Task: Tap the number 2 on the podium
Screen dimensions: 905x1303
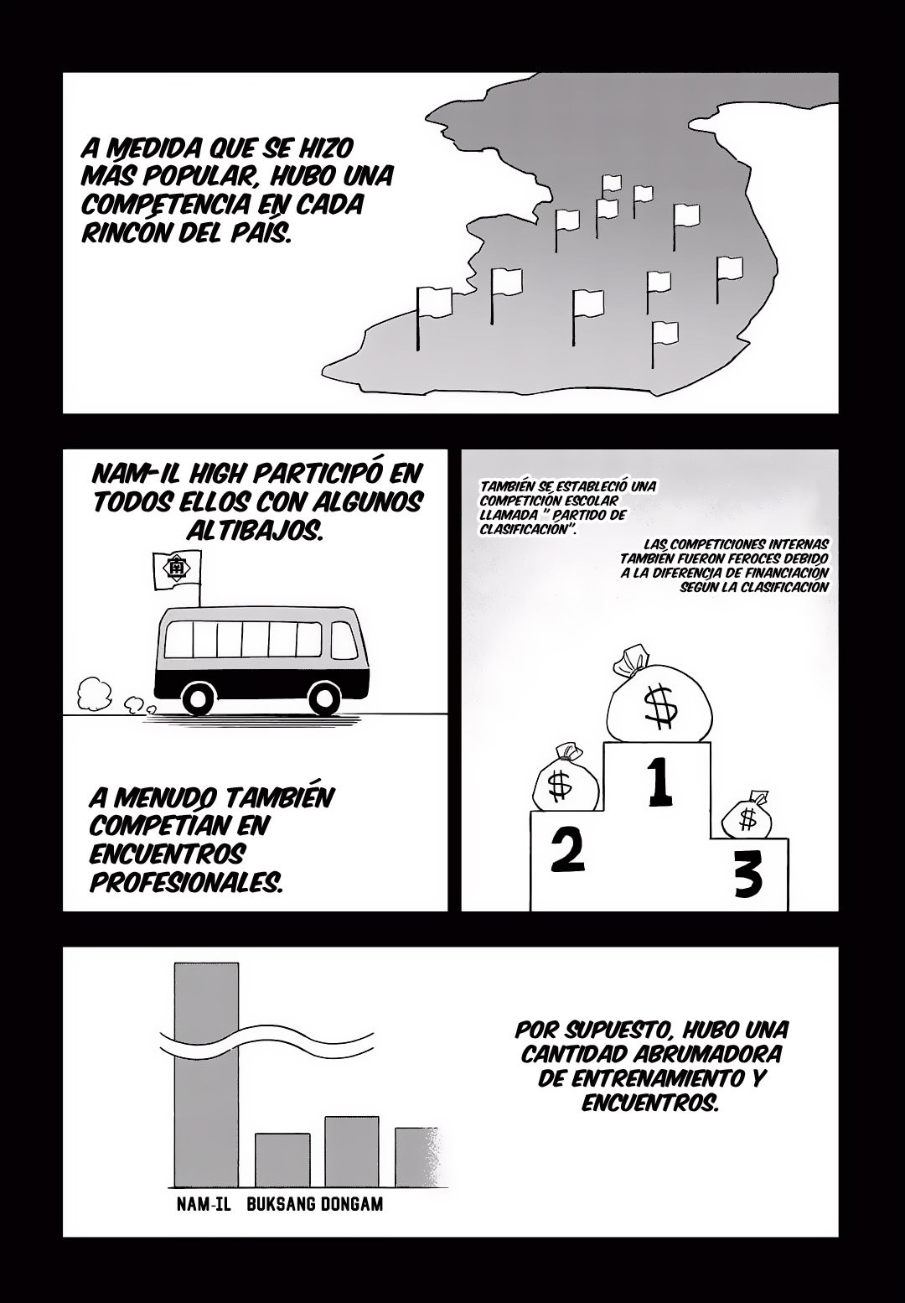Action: coord(566,850)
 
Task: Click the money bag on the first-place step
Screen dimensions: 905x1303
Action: coord(659,694)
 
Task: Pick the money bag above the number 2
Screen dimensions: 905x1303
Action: coord(565,777)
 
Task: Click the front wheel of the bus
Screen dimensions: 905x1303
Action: coord(323,697)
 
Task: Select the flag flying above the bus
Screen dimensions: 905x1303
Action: coord(177,571)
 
